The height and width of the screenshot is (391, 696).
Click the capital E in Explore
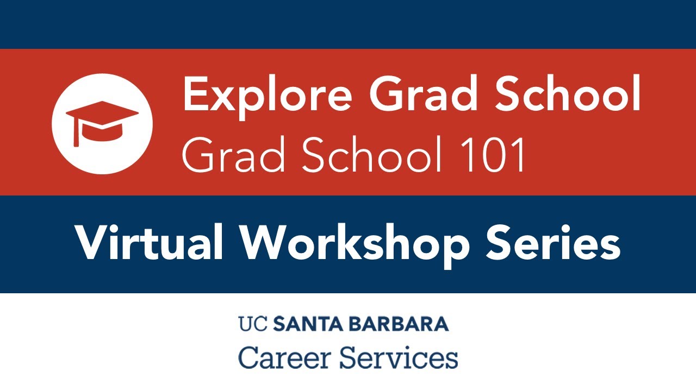tap(194, 93)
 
